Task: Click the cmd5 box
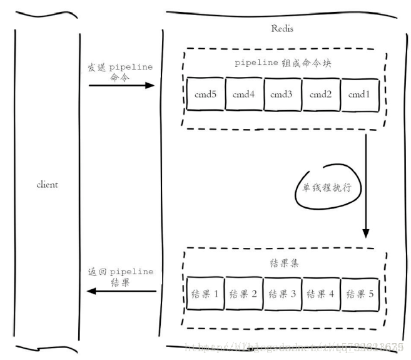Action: (205, 95)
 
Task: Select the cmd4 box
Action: (243, 95)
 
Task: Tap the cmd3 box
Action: (282, 95)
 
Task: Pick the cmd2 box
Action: (320, 95)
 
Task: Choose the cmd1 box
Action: (359, 95)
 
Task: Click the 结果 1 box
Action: (205, 294)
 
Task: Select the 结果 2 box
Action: (243, 294)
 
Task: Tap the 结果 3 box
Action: (282, 294)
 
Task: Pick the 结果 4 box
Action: (320, 294)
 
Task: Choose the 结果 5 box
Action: (359, 294)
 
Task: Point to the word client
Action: (47, 185)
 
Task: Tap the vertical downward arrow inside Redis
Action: (365, 188)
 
